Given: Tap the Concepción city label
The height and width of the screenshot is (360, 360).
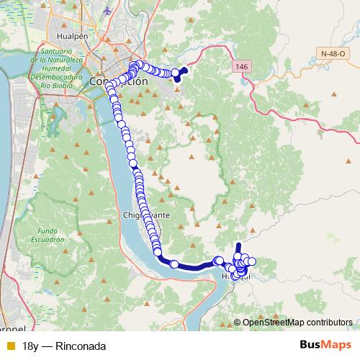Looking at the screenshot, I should pyautogui.click(x=119, y=81).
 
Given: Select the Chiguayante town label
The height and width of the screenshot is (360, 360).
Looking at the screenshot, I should pyautogui.click(x=146, y=215).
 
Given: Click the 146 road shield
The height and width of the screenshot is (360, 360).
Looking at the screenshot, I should pyautogui.click(x=241, y=66).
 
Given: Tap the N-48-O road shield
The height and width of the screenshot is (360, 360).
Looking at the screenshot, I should pyautogui.click(x=333, y=53).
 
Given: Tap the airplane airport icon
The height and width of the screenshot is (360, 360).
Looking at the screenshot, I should pyautogui.click(x=108, y=11).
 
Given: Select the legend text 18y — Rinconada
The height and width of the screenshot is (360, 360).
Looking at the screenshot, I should pyautogui.click(x=64, y=346).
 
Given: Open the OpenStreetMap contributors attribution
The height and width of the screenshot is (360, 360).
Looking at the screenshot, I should pyautogui.click(x=297, y=323).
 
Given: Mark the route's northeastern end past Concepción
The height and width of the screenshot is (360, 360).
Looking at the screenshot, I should pyautogui.click(x=183, y=70).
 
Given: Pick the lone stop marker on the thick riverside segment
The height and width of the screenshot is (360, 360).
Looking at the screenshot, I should pyautogui.click(x=174, y=264).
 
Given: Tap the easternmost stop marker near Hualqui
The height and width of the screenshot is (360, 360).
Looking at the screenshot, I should pyautogui.click(x=251, y=261).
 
